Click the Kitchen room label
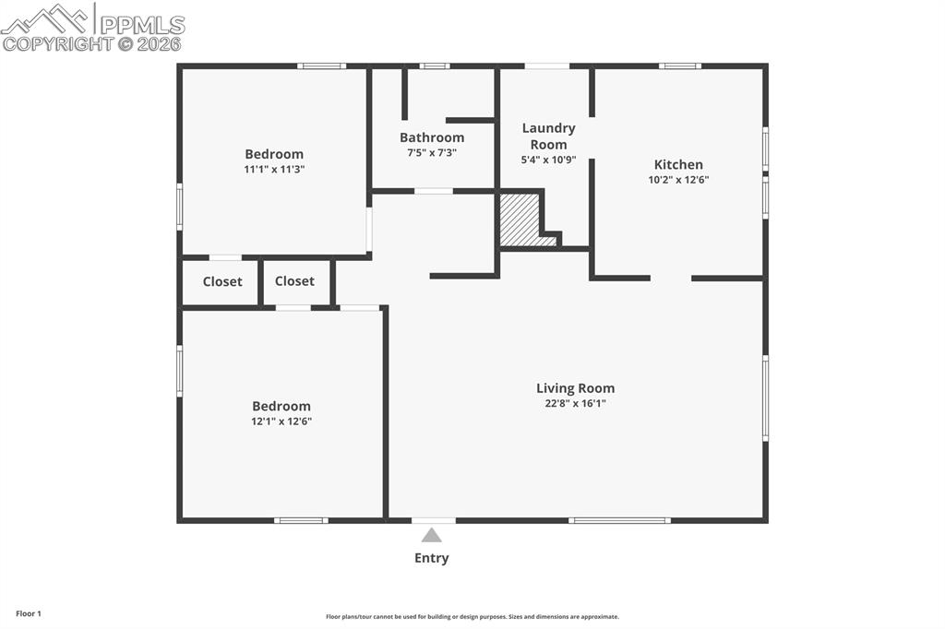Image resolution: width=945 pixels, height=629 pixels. pyautogui.click(x=678, y=165)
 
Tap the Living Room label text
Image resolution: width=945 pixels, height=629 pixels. pyautogui.click(x=575, y=388)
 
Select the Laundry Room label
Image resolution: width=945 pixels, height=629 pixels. pyautogui.click(x=548, y=136)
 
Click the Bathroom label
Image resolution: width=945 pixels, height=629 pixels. pyautogui.click(x=432, y=137)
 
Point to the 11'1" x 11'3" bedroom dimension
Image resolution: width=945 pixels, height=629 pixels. pyautogui.click(x=274, y=170)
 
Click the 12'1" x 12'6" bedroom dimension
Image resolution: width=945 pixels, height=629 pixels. pyautogui.click(x=281, y=421)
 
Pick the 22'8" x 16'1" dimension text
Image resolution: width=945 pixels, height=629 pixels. pyautogui.click(x=575, y=403)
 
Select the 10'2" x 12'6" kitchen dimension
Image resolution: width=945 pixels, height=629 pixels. pyautogui.click(x=678, y=181)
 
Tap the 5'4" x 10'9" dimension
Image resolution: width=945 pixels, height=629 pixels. pyautogui.click(x=548, y=160)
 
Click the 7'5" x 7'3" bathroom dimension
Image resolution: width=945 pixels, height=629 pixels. pyautogui.click(x=432, y=153)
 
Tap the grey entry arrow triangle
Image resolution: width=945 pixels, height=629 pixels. pyautogui.click(x=431, y=535)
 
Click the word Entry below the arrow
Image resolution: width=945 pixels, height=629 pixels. pyautogui.click(x=431, y=558)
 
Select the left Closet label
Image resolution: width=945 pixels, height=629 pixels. pyautogui.click(x=222, y=282)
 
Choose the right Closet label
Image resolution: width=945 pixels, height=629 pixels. pyautogui.click(x=294, y=281)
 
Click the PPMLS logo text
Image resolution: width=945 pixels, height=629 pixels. pyautogui.click(x=142, y=25)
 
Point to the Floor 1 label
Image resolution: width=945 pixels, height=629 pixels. pyautogui.click(x=29, y=613)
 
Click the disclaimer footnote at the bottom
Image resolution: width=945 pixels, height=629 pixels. pyautogui.click(x=472, y=617)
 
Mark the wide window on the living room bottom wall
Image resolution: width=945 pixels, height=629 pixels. pyautogui.click(x=619, y=520)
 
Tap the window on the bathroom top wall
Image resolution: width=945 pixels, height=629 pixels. pyautogui.click(x=434, y=66)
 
